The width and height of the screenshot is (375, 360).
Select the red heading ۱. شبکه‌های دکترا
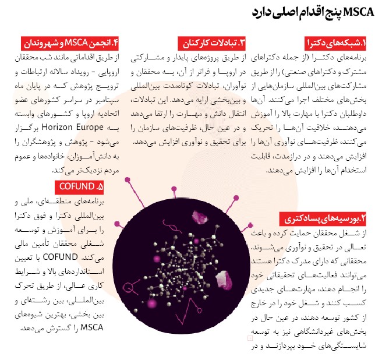[x=336, y=43]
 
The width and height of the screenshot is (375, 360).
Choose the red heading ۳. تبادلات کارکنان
[x=212, y=43]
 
